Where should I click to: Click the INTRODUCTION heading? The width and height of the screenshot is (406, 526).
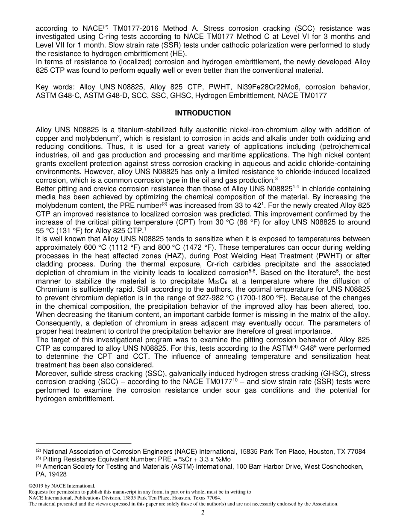coord(203,113)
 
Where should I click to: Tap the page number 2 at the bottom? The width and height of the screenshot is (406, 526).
coord(203,513)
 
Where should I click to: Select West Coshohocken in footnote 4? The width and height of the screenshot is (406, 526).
coord(337,467)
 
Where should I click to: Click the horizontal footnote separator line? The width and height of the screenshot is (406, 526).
coord(83,443)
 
